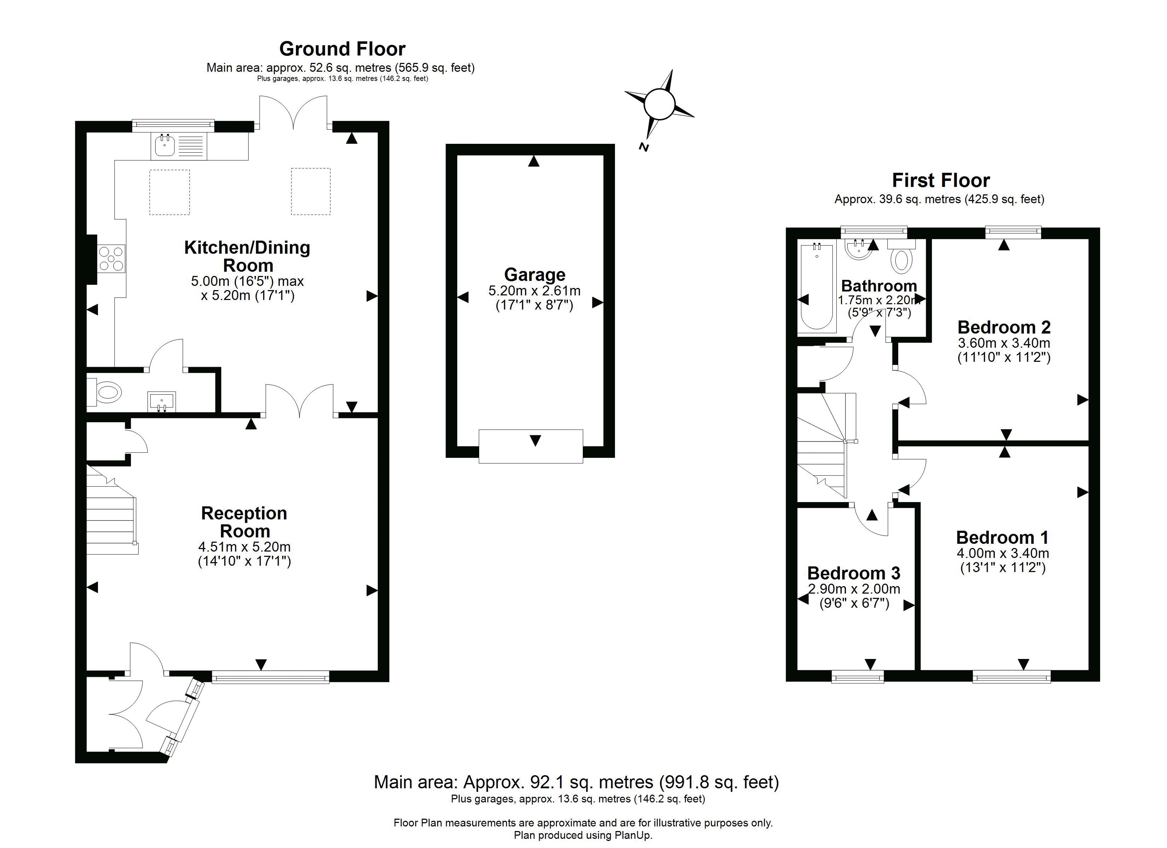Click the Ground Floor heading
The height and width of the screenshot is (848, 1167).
coord(342,49)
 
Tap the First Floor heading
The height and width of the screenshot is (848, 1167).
coord(941,181)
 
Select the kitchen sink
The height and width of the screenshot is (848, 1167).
coord(165,146)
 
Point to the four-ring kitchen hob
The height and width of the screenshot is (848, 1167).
coord(112,259)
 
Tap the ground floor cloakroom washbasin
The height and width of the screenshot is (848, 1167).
coord(162,401)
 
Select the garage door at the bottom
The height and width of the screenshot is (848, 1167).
coord(530,446)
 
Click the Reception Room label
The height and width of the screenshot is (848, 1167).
coord(244,522)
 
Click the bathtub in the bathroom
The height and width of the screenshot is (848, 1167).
coord(816,287)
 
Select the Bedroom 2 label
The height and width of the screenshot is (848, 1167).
coord(1004,327)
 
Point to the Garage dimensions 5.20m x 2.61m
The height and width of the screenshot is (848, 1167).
coord(535,291)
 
